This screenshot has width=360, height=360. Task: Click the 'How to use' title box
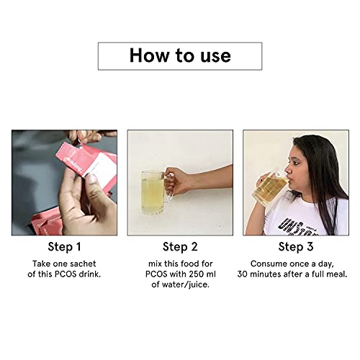click(x=179, y=55)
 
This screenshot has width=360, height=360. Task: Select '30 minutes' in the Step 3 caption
click(x=269, y=274)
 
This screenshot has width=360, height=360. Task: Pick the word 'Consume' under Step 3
click(x=265, y=263)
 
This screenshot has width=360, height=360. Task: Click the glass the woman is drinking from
click(x=272, y=187)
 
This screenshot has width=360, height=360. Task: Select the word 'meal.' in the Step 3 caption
click(x=333, y=274)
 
